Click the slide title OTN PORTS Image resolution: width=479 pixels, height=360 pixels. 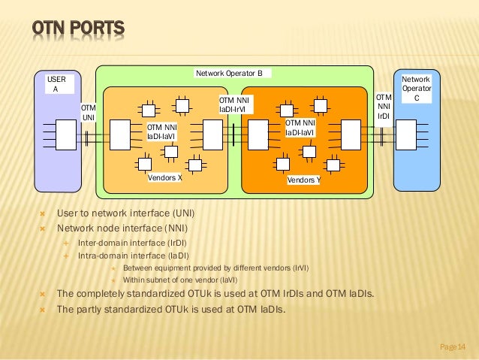[x=77, y=30]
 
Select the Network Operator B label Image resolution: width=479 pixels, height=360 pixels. [x=229, y=73]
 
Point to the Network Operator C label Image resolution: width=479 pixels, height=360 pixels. [x=416, y=89]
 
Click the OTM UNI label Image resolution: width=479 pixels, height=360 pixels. [x=88, y=113]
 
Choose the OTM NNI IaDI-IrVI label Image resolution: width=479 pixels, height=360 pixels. [x=235, y=104]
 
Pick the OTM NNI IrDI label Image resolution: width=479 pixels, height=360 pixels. [x=383, y=107]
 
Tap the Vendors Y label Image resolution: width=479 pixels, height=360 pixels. [x=303, y=181]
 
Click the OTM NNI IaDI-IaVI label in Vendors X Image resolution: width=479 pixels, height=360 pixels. [x=161, y=132]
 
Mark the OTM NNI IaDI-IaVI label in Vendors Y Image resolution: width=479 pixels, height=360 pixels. [x=300, y=128]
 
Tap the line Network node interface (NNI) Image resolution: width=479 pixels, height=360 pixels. [x=123, y=228]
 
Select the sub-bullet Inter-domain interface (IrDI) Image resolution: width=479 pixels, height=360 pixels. [x=133, y=243]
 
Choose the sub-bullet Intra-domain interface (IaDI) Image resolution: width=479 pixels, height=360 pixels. [x=134, y=256]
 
